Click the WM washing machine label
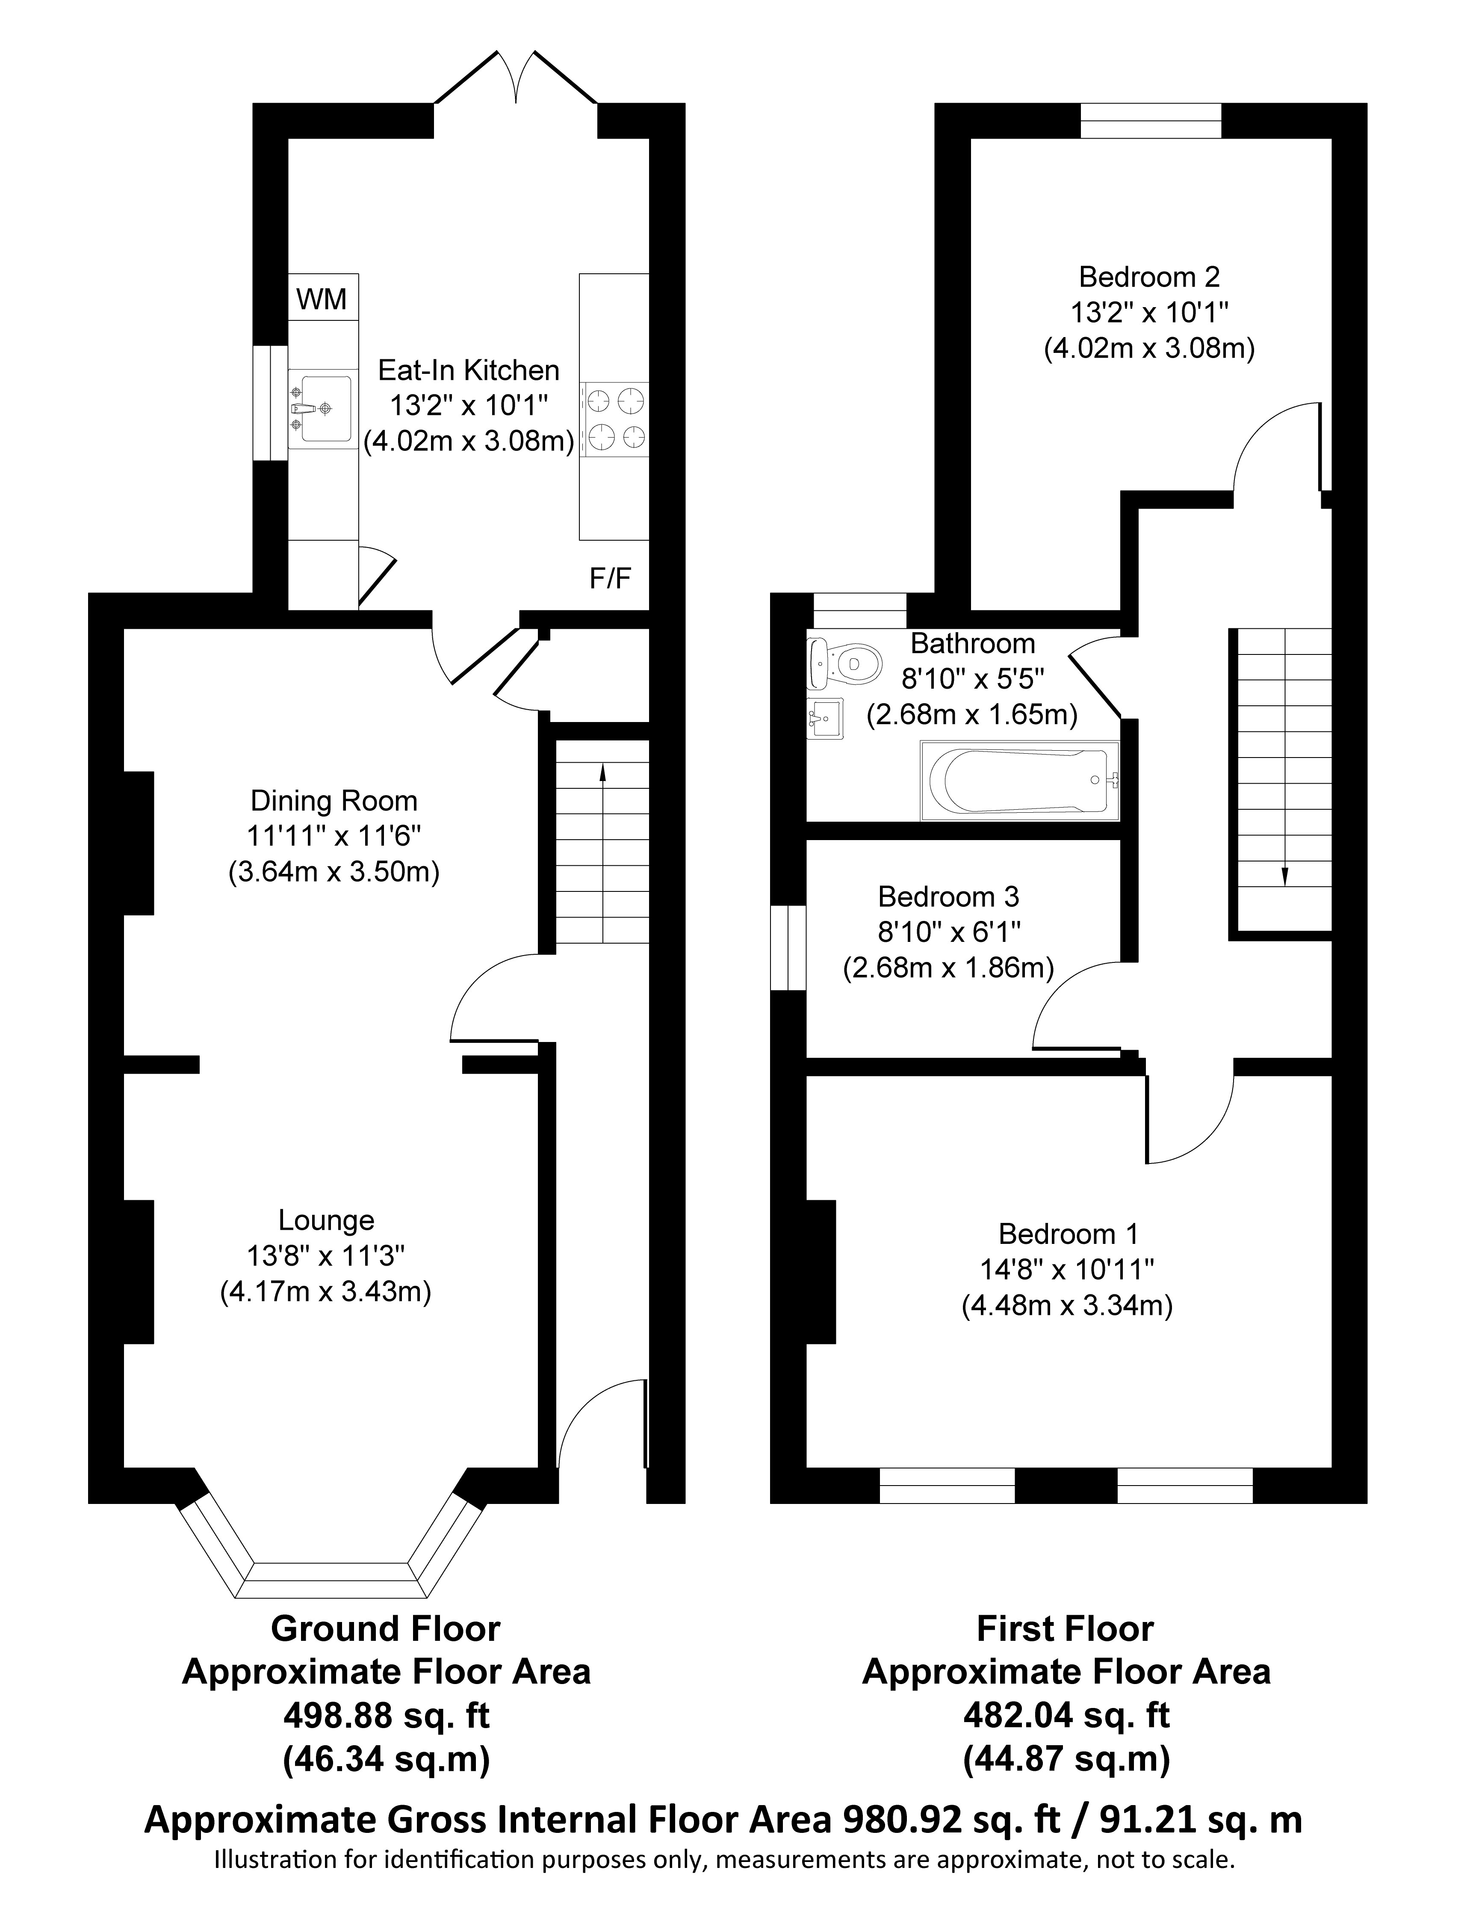coord(322,300)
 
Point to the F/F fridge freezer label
coord(611,578)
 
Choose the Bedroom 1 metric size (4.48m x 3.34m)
coord(1068,1307)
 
